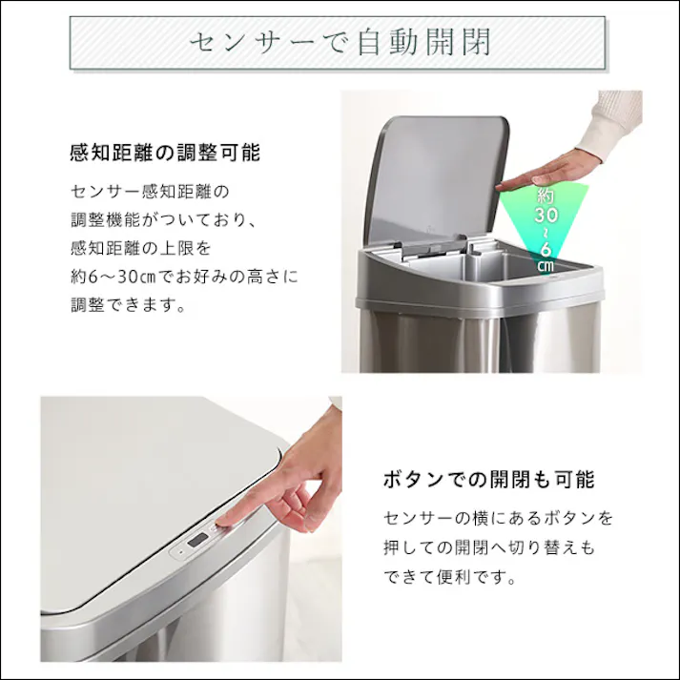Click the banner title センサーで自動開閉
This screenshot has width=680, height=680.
coord(339,43)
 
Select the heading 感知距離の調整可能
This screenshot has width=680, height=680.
coord(165,153)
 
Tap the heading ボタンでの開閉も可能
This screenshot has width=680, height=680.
coord(488,479)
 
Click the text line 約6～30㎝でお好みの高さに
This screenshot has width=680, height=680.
coord(184,278)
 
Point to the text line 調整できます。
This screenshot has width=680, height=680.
coord(128,307)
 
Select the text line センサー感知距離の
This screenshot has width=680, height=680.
coord(151,191)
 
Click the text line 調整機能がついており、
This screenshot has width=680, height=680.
coord(163,219)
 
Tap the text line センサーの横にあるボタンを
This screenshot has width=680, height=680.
coord(498,519)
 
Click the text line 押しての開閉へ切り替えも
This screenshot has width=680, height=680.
coord(488,548)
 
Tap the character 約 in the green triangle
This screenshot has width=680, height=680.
coord(545,196)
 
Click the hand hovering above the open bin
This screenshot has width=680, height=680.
coord(544,175)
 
